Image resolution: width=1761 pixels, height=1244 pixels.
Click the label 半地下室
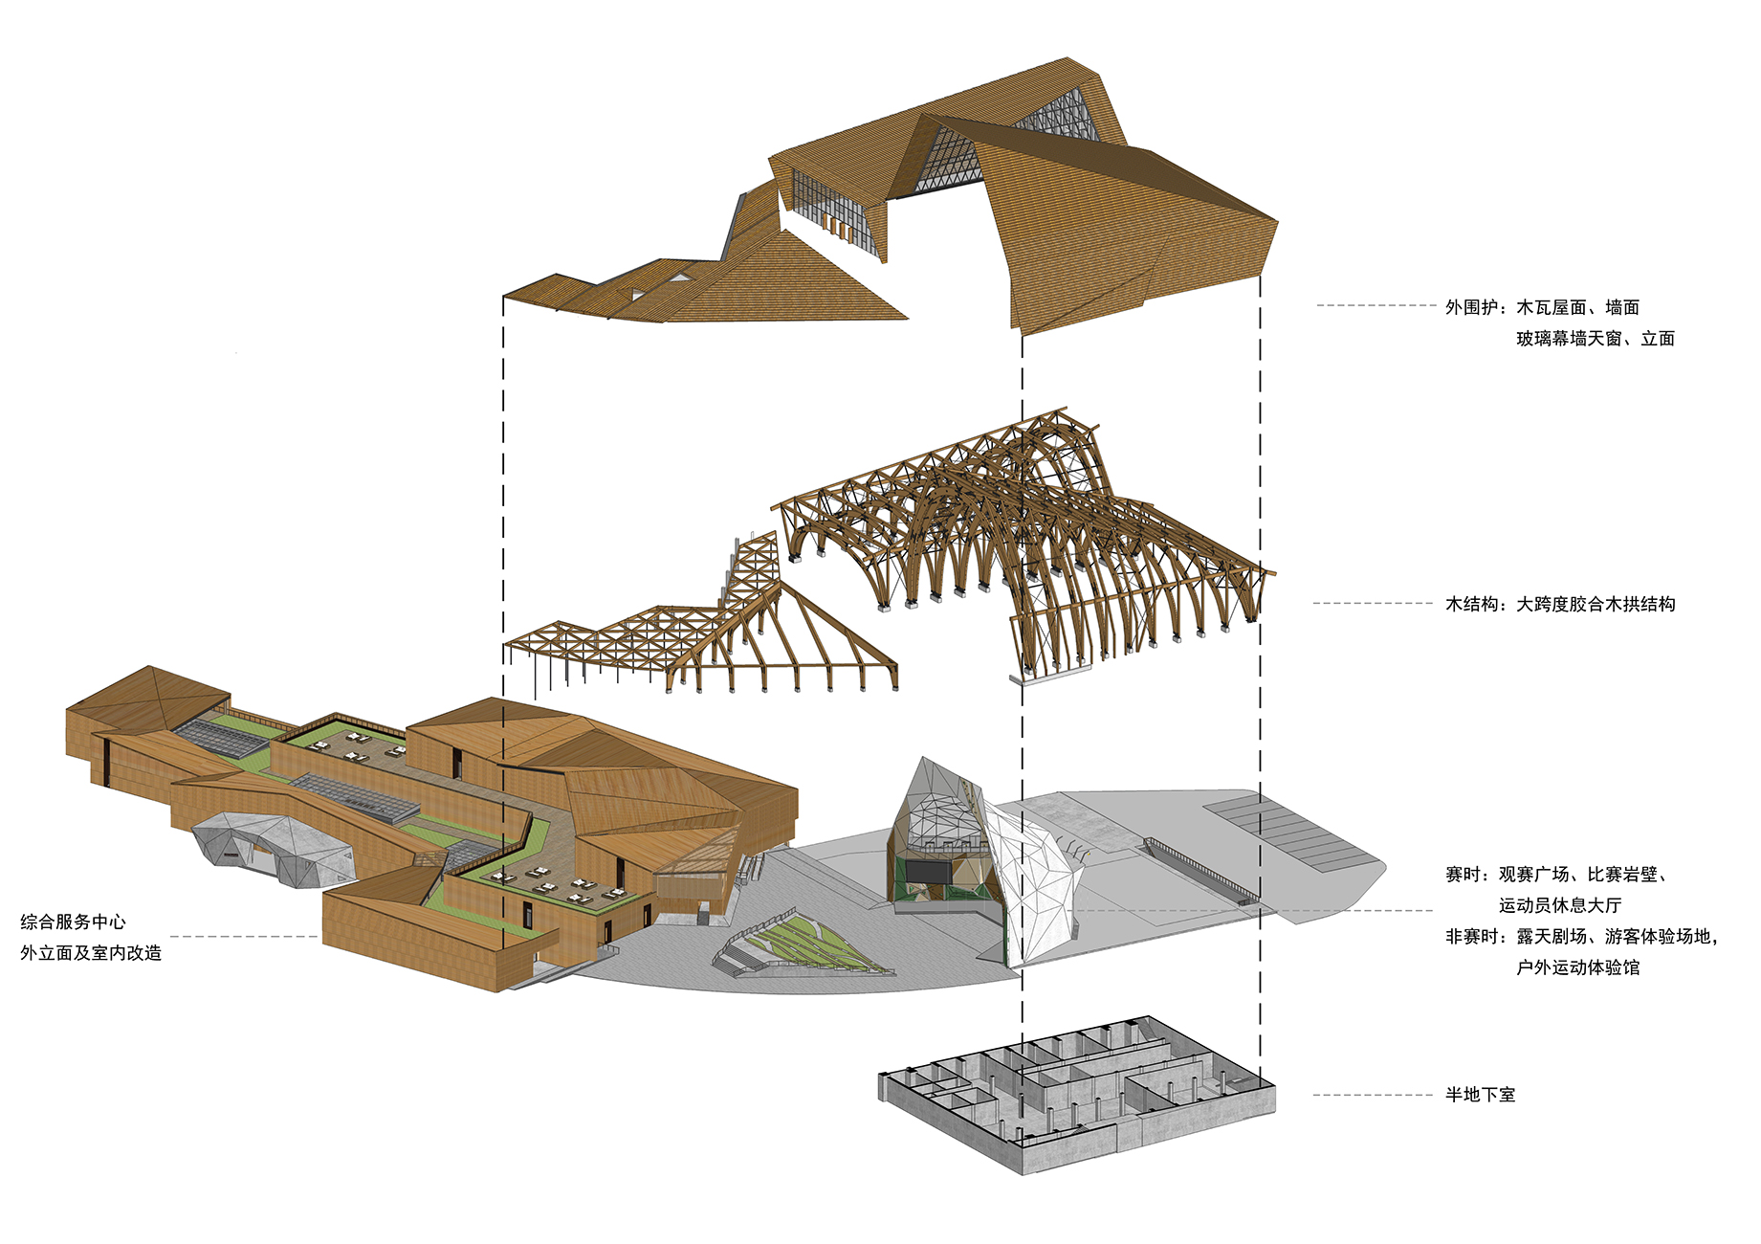(1480, 1095)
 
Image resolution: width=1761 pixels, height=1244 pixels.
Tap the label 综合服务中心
(73, 922)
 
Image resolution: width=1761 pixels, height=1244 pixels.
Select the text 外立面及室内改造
(91, 953)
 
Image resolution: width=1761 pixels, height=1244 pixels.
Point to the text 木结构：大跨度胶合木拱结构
(1559, 604)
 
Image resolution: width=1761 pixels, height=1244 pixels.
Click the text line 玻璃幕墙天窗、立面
(1595, 339)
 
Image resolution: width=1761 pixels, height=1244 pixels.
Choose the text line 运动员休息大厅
(1559, 905)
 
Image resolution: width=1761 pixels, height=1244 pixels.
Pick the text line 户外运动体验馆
(1577, 967)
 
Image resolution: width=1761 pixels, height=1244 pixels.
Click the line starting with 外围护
(1542, 307)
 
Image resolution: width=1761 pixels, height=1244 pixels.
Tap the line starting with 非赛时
(1580, 937)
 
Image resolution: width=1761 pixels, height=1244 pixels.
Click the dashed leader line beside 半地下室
(1373, 1095)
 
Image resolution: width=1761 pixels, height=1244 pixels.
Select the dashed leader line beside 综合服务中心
(244, 937)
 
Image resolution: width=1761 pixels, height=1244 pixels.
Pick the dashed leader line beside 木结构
(1373, 604)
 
